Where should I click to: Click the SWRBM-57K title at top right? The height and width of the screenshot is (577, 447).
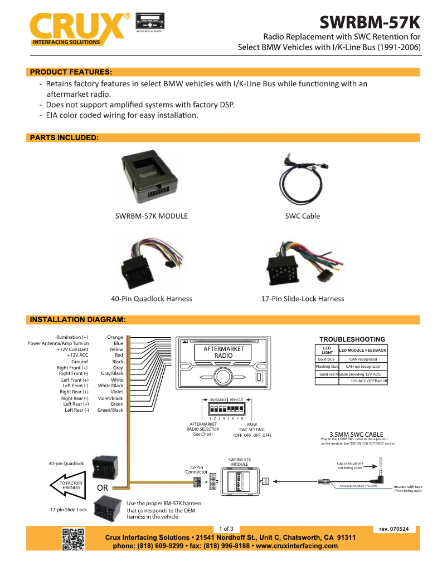pyautogui.click(x=370, y=23)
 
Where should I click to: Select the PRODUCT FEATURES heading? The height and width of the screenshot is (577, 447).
pyautogui.click(x=71, y=72)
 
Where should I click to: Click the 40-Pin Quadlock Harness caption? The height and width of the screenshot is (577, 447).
pyautogui.click(x=152, y=299)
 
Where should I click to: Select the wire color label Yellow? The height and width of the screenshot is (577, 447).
pyautogui.click(x=116, y=349)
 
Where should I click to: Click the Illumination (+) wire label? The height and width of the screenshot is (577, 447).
pyautogui.click(x=71, y=337)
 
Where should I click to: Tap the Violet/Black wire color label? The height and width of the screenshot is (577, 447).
pyautogui.click(x=111, y=398)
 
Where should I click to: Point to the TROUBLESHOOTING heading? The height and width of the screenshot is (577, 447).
pyautogui.click(x=352, y=339)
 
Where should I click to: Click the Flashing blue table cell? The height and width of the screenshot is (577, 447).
pyautogui.click(x=327, y=367)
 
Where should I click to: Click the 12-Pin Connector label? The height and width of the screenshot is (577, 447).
pyautogui.click(x=196, y=470)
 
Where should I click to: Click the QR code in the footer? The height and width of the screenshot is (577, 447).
pyautogui.click(x=73, y=539)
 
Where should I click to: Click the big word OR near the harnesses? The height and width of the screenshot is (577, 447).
pyautogui.click(x=103, y=488)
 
